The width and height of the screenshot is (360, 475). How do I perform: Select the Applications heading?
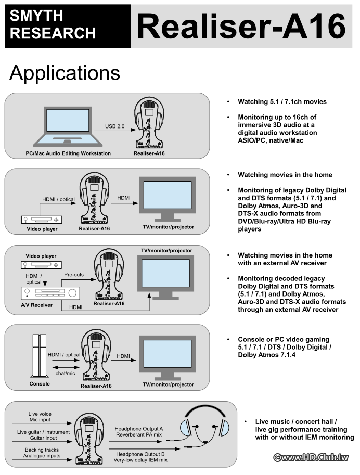65,73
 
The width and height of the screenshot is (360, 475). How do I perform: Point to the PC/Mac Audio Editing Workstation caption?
68,154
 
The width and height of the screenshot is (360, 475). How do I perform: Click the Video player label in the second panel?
42,229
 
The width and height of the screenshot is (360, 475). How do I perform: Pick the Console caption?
40,384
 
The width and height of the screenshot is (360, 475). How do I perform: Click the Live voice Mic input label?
40,417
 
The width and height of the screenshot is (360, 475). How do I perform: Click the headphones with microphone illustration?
204,424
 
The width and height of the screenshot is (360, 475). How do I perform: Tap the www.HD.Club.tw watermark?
311,458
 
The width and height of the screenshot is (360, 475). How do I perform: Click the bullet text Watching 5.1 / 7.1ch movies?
282,102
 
